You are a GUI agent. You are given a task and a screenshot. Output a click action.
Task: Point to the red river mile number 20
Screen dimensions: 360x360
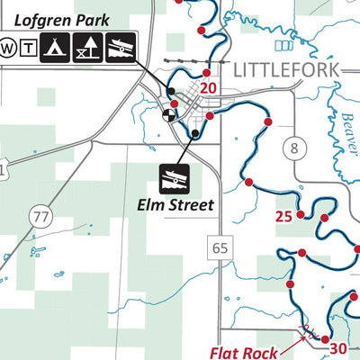pyautogui.click(x=209, y=87)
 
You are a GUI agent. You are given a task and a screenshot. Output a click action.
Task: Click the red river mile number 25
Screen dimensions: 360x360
pyautogui.click(x=283, y=216)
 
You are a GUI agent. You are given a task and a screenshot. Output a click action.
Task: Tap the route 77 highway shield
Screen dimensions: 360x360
pyautogui.click(x=39, y=216)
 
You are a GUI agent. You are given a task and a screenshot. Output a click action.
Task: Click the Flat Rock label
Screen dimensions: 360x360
pyautogui.click(x=241, y=352)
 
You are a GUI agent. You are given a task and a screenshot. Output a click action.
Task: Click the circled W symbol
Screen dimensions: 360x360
pyautogui.click(x=8, y=46)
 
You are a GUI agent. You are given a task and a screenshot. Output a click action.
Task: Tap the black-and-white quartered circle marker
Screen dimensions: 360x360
pyautogui.click(x=167, y=114)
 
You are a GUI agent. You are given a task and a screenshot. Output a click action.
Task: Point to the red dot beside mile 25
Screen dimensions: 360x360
pyautogui.click(x=301, y=216)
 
